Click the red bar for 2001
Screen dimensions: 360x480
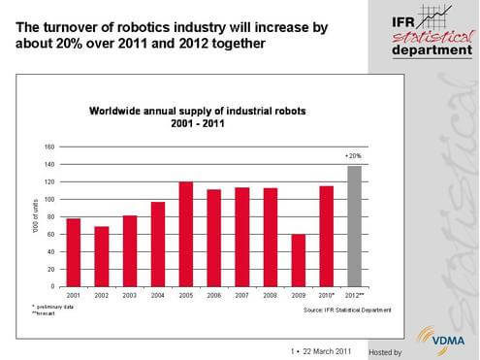[x=74, y=252]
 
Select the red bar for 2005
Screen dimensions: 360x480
[x=186, y=234]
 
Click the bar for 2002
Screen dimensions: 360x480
[x=102, y=256]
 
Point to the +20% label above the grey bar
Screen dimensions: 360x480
[x=355, y=155]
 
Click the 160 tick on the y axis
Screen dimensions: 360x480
[x=48, y=147]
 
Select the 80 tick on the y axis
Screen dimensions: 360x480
[x=49, y=216]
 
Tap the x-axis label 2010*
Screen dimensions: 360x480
[x=327, y=295]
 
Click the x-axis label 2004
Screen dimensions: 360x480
[x=158, y=295]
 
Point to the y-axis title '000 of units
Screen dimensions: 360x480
[x=34, y=215]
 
